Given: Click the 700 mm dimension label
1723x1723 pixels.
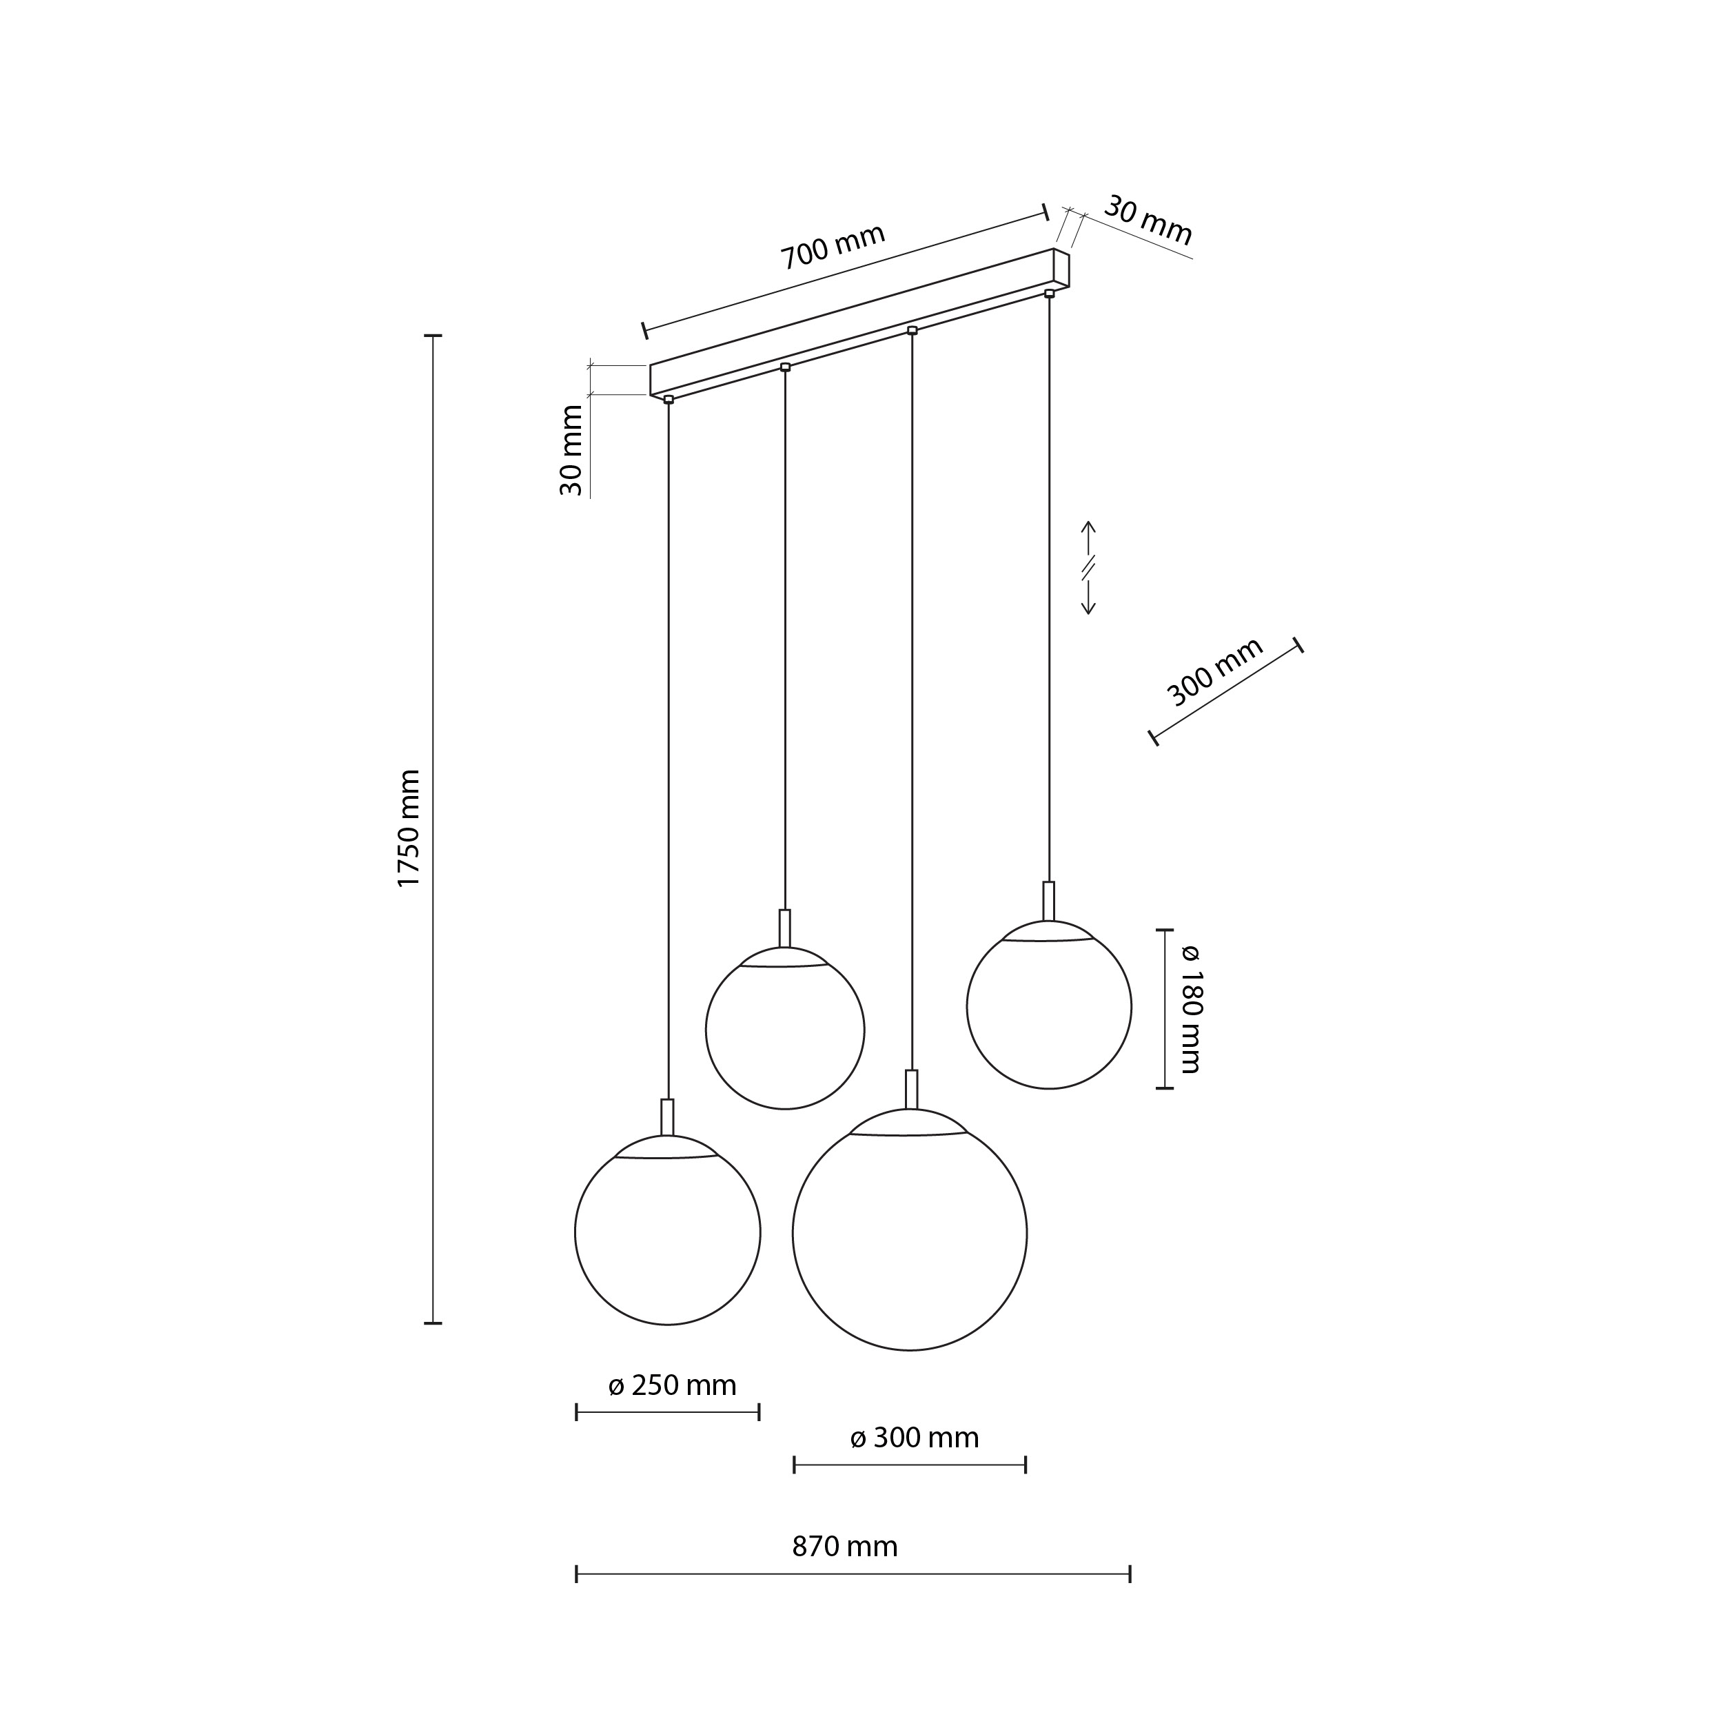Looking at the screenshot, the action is pos(833,246).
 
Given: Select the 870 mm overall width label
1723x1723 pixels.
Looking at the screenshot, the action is pos(844,1547).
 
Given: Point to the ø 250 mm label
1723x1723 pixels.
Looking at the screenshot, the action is pos(673,1385).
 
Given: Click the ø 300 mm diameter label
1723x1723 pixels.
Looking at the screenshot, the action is pos(914,1438).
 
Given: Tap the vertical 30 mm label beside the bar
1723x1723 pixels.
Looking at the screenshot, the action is pos(571,450).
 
